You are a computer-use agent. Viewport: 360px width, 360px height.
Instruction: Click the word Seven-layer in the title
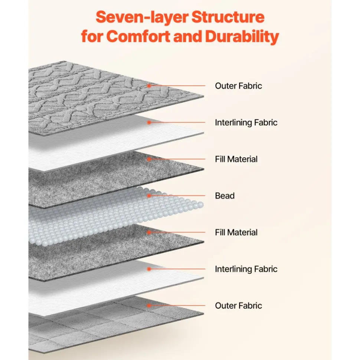[x=142, y=17]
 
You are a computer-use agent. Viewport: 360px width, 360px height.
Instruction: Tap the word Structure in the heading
[x=228, y=17]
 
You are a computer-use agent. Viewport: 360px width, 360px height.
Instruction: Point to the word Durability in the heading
[x=242, y=37]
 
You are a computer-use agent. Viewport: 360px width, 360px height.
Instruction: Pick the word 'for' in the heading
[x=92, y=36]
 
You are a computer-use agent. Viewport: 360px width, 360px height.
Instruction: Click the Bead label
[x=225, y=196]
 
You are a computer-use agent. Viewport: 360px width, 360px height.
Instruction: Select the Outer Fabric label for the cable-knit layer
[x=238, y=86]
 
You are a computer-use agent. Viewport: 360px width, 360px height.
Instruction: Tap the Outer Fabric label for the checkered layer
[x=238, y=305]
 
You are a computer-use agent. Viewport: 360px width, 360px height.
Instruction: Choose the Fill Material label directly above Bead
[x=236, y=159]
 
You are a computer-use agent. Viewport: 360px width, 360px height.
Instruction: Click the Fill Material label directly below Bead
[x=236, y=232]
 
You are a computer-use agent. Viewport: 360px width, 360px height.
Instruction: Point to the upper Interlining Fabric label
[x=246, y=122]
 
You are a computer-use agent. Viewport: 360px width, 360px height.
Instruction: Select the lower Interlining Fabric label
[x=246, y=269]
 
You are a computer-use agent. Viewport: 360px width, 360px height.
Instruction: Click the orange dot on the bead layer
[x=149, y=196]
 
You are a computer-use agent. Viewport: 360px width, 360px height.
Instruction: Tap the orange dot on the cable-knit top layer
[x=149, y=86]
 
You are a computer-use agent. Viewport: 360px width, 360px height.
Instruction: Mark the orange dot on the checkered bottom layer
[x=149, y=305]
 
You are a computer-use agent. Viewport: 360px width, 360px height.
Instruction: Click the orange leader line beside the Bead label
[x=177, y=196]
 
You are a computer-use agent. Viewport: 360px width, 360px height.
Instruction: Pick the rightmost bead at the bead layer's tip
[x=201, y=204]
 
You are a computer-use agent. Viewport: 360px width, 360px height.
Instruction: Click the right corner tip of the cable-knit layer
[x=203, y=97]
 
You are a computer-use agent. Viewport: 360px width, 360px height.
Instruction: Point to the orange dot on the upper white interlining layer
[x=149, y=122]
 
